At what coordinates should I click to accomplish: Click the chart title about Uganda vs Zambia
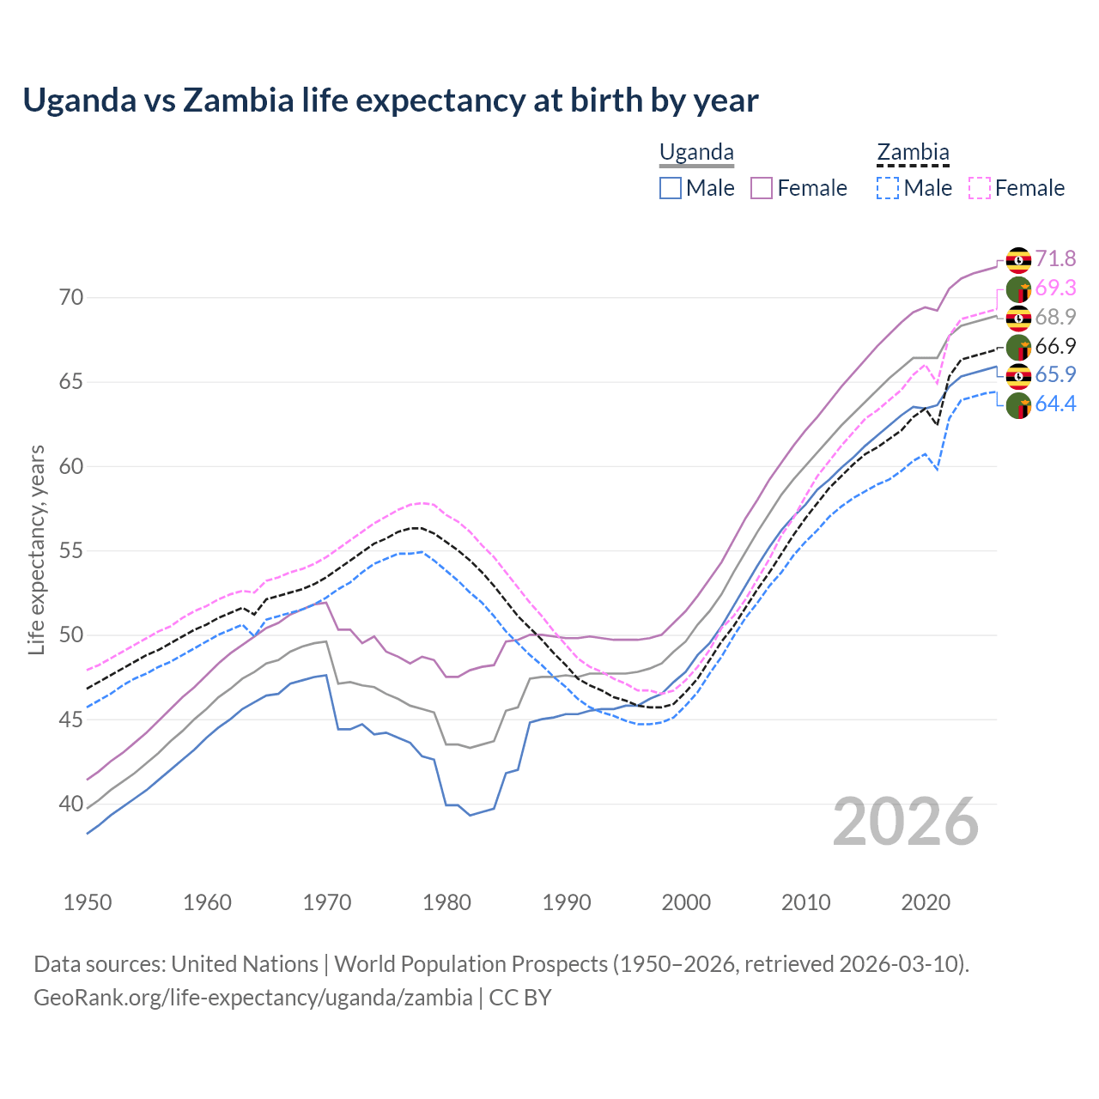(391, 100)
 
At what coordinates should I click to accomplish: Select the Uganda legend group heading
(696, 153)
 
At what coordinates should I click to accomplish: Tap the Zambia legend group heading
(913, 153)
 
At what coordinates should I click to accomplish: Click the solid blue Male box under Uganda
(671, 188)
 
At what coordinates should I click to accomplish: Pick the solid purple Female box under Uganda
(762, 188)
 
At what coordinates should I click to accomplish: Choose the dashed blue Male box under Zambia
(888, 188)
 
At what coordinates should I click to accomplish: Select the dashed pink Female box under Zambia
(980, 188)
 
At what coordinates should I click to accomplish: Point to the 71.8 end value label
(1055, 258)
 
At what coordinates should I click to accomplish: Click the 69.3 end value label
(1055, 288)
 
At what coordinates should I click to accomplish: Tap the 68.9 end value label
(1055, 317)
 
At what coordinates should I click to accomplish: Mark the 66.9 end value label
(1055, 346)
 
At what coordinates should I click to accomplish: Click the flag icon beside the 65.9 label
(1018, 375)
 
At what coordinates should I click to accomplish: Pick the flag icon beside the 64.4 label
(1018, 404)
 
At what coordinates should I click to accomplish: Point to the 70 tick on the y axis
(72, 298)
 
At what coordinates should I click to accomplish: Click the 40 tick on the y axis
(72, 805)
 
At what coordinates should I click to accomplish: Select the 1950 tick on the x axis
(88, 902)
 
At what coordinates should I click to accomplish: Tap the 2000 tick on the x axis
(686, 902)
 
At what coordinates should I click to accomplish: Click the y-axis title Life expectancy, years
(36, 549)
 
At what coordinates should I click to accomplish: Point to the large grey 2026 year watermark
(906, 822)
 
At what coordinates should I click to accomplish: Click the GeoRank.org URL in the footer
(253, 998)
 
